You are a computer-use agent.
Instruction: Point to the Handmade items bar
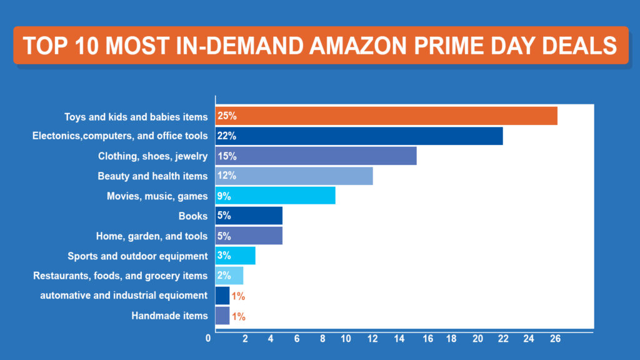222,316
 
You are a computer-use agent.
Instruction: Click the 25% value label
226,116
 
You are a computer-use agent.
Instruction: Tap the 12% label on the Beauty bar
226,176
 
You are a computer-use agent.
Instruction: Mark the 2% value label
224,276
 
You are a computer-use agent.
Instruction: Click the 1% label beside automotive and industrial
238,296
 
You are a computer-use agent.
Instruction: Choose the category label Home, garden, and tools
151,236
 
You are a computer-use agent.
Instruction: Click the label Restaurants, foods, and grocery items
120,276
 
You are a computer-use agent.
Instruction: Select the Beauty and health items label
152,176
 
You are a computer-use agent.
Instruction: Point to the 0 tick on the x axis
208,339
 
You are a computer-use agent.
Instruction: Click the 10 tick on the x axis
347,339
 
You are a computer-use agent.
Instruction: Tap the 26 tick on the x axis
554,339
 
